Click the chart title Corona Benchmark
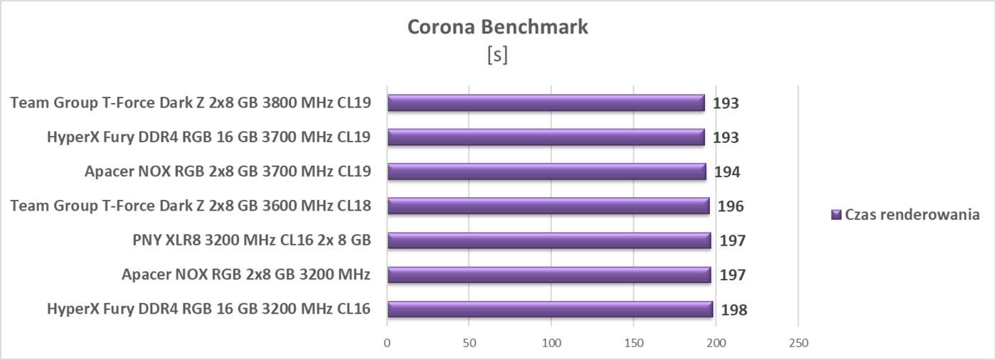(x=497, y=28)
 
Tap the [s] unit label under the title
(x=497, y=55)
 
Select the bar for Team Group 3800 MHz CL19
(x=546, y=103)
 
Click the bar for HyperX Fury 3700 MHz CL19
(x=546, y=137)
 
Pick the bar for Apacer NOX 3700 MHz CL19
(x=546, y=171)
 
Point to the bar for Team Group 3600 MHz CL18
(x=548, y=206)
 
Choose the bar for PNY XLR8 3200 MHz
(x=549, y=240)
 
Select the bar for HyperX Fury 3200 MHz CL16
(x=549, y=309)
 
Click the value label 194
(x=728, y=172)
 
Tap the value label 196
(x=731, y=207)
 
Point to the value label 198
(x=734, y=310)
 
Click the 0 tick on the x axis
(x=387, y=343)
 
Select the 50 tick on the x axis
(x=469, y=343)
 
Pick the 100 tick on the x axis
(x=551, y=343)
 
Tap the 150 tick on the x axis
(x=634, y=343)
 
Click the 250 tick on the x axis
(x=798, y=343)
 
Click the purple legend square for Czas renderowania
(x=836, y=215)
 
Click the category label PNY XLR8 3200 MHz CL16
(x=251, y=240)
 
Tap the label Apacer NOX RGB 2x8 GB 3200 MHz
(x=245, y=275)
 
